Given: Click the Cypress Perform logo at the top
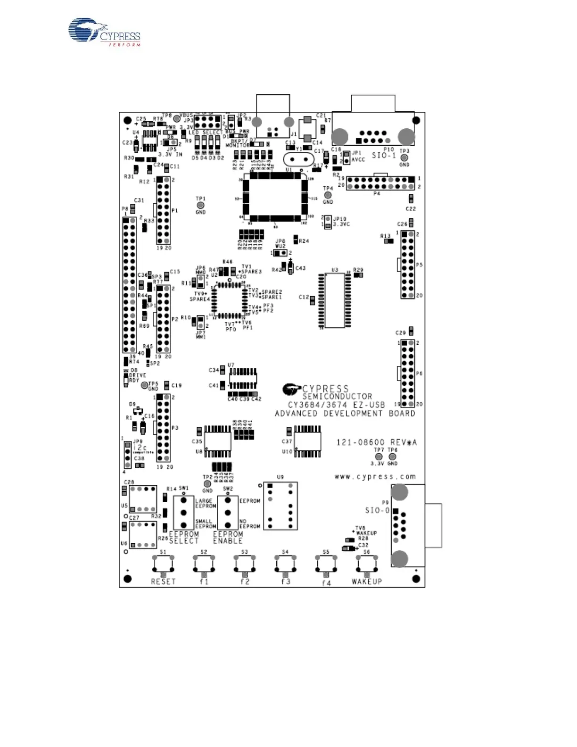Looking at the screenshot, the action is pos(105,32).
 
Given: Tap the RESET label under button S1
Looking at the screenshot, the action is pos(163,581).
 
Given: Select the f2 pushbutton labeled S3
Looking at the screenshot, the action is pos(245,563).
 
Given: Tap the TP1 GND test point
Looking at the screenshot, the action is pos(200,206).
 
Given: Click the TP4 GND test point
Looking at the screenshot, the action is pos(328,195).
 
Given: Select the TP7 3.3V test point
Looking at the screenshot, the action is pos(378,457).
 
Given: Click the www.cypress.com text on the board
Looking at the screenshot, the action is pos(375,476).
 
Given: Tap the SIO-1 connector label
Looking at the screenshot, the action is pos(384,155).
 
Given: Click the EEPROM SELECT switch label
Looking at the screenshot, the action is pos(184,538).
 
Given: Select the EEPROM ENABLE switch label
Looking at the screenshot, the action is pos(228,538).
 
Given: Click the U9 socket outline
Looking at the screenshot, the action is pos(280,506).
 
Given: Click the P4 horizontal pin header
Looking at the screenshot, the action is pos(380,183).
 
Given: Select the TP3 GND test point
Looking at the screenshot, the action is pos(404,158).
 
